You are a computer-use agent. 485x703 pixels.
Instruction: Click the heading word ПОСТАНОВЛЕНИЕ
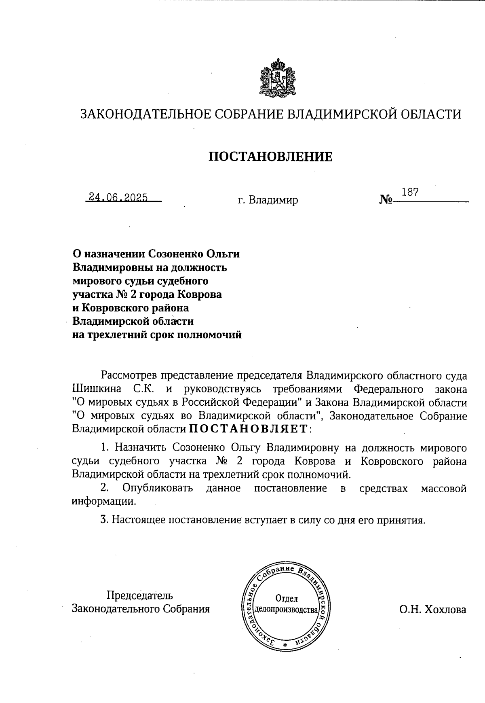(x=270, y=157)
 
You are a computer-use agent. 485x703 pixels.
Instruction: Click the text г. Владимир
(x=268, y=200)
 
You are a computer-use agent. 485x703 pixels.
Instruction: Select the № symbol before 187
(x=386, y=199)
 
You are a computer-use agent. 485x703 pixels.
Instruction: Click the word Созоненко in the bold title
(x=175, y=254)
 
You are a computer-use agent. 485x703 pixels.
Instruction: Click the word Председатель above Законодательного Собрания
(x=139, y=595)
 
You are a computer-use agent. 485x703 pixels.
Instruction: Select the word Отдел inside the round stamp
(x=286, y=598)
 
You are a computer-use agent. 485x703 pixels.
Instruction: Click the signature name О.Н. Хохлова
(x=432, y=609)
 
